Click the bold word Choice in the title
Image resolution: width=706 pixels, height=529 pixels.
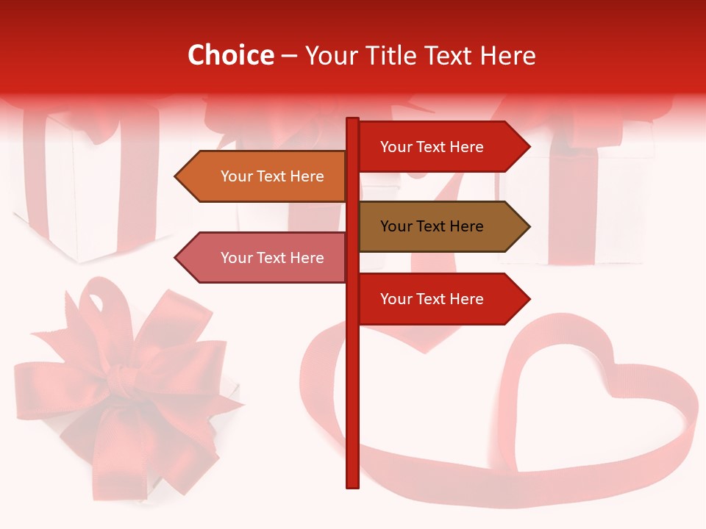pyautogui.click(x=230, y=55)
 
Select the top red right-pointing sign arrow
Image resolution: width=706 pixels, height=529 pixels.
pyautogui.click(x=441, y=147)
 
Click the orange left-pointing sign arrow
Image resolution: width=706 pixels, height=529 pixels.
pyautogui.click(x=265, y=176)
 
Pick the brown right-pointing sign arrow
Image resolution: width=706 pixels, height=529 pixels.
pyautogui.click(x=441, y=226)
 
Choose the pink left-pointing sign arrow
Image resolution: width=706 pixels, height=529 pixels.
pyautogui.click(x=265, y=258)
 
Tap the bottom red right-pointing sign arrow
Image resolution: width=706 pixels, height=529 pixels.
pyautogui.click(x=441, y=299)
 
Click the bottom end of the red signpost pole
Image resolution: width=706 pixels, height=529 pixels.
pyautogui.click(x=352, y=484)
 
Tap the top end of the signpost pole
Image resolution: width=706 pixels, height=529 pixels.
pyautogui.click(x=352, y=120)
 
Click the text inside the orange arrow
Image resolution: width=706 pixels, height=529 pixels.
pyautogui.click(x=272, y=176)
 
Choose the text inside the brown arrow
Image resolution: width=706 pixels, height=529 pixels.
pyautogui.click(x=432, y=226)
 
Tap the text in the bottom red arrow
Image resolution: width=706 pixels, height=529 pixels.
pyautogui.click(x=432, y=299)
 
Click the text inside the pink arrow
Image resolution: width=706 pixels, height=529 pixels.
pyautogui.click(x=272, y=258)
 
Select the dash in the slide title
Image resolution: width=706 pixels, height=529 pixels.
pyautogui.click(x=289, y=56)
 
